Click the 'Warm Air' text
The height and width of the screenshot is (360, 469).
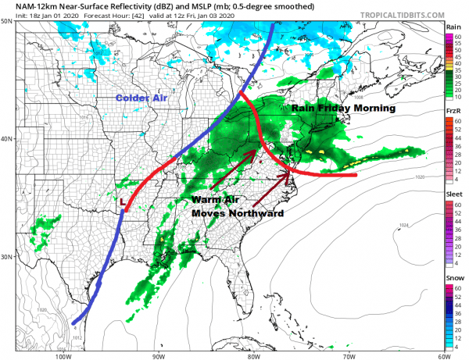[214, 199]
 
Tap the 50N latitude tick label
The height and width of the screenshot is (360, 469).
[7, 22]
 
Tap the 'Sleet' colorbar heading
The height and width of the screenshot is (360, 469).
[453, 195]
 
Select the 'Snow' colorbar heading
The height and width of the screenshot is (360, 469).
[453, 279]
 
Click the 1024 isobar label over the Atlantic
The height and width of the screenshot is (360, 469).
[403, 226]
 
